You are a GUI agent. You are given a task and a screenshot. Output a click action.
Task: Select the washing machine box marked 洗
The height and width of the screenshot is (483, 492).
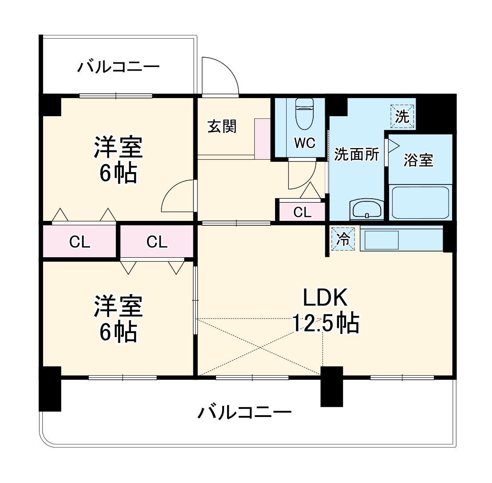pyautogui.click(x=402, y=116)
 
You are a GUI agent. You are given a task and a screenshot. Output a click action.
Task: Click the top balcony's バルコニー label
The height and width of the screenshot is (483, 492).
pyautogui.click(x=118, y=67)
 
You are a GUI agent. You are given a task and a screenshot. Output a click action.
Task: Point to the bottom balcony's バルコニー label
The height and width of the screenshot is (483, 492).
pyautogui.click(x=244, y=413)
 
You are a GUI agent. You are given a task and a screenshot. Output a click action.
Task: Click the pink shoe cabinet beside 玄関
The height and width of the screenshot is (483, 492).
pyautogui.click(x=262, y=138)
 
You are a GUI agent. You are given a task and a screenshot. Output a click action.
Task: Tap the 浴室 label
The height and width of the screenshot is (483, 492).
pyautogui.click(x=418, y=160)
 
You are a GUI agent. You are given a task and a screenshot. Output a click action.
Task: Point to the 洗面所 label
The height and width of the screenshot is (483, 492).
pyautogui.click(x=357, y=154)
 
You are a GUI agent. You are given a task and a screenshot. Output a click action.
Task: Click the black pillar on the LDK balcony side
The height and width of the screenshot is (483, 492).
pyautogui.click(x=331, y=386)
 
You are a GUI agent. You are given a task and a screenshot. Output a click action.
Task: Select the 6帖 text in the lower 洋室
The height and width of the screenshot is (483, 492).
pyautogui.click(x=118, y=332)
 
